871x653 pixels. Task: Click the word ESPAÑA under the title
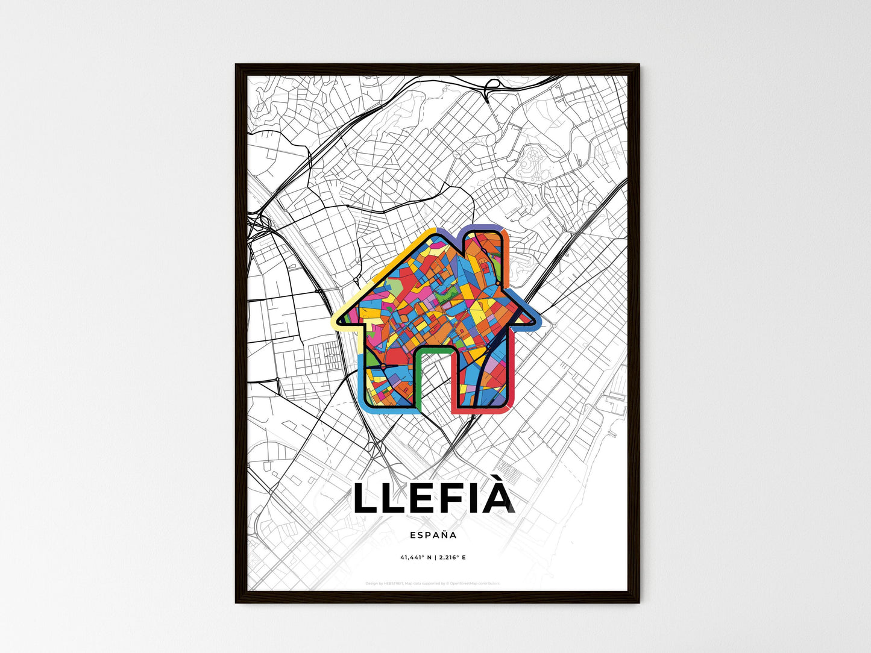pyautogui.click(x=433, y=534)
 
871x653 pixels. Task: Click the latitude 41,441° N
pyautogui.click(x=414, y=558)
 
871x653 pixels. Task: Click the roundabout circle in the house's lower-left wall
pyautogui.click(x=382, y=366)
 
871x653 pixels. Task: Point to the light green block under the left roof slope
pyautogui.click(x=395, y=283)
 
